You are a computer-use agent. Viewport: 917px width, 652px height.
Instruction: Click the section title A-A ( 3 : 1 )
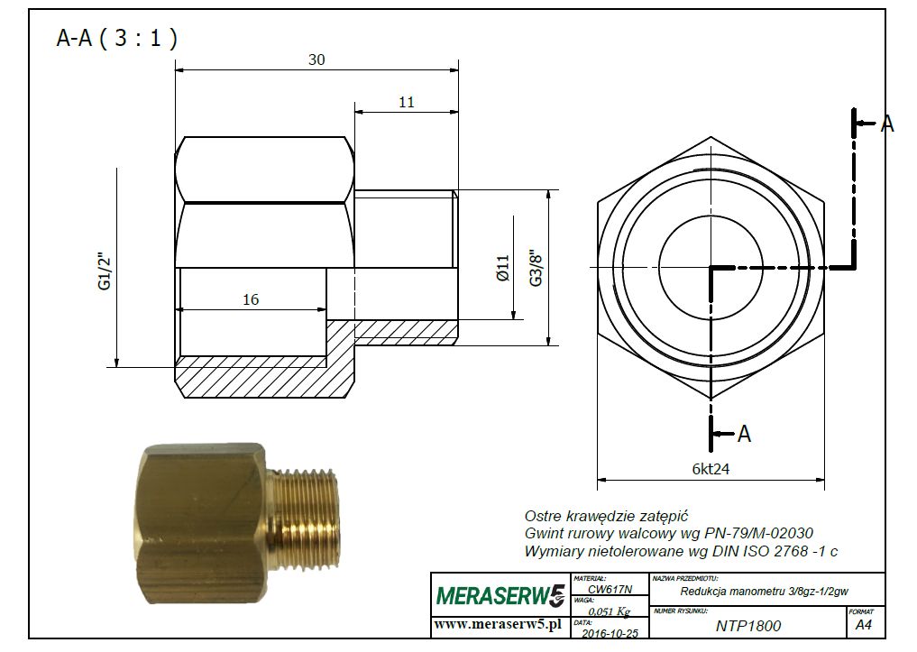117,38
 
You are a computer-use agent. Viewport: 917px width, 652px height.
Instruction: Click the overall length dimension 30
316,60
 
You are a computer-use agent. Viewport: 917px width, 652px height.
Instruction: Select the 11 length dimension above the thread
407,102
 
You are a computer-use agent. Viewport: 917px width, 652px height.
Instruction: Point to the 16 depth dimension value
251,299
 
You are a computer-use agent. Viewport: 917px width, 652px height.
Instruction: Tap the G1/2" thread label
105,271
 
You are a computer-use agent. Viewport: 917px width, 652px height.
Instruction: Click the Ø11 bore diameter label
503,269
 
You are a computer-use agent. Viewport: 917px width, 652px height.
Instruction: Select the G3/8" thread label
536,269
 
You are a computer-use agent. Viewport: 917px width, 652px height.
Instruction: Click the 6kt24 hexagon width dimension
711,468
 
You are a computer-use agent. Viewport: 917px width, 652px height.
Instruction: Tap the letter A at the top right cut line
887,124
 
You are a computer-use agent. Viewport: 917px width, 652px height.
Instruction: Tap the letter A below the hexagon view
744,434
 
